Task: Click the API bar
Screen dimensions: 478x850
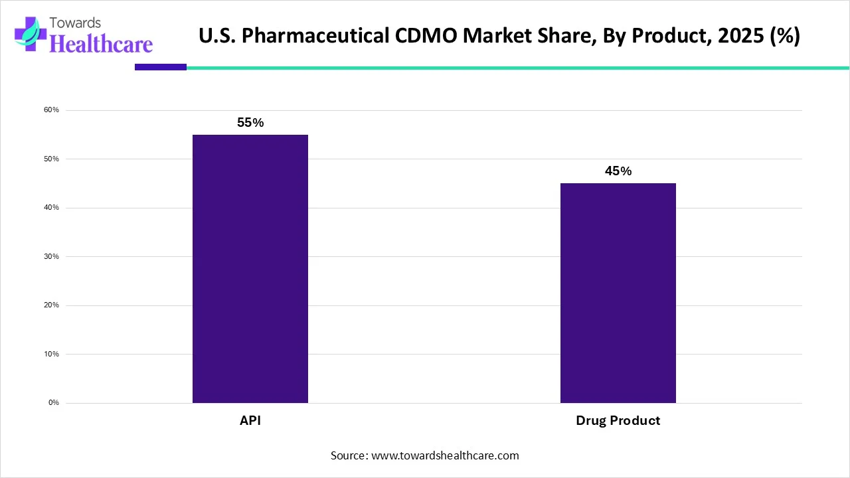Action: (250, 269)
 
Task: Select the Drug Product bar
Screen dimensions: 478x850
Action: (618, 293)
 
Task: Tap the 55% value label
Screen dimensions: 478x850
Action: (250, 123)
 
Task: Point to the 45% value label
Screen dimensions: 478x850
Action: (618, 171)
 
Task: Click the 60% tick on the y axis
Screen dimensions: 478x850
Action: (52, 110)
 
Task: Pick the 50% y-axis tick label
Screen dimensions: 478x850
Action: (52, 159)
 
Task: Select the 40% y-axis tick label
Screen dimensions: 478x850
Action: (52, 208)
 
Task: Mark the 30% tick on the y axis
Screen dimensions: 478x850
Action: (52, 256)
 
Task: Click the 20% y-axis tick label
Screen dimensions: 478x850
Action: (52, 305)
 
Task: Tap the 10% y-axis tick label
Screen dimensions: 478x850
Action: (52, 354)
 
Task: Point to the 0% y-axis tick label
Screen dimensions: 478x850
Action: (54, 403)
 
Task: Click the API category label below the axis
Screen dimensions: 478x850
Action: (250, 421)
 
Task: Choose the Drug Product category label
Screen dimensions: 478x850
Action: (618, 421)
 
